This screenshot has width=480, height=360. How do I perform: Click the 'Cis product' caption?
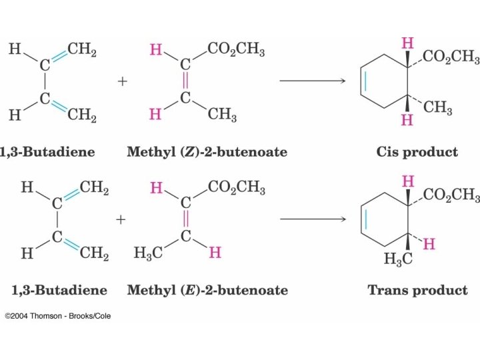(x=417, y=152)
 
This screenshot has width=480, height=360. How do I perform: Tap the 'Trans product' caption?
(x=417, y=290)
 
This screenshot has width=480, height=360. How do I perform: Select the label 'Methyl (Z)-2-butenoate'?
(x=207, y=152)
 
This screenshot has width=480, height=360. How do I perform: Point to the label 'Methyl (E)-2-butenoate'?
(x=207, y=290)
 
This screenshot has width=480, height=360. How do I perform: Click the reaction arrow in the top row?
(x=312, y=81)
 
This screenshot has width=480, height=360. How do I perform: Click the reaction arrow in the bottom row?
(x=312, y=219)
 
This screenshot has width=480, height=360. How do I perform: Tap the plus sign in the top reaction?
(x=122, y=81)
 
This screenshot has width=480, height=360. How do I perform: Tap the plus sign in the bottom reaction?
(x=121, y=219)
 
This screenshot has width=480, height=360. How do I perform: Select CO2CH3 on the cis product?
(x=451, y=58)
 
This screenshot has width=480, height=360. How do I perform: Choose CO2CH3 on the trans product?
(x=451, y=195)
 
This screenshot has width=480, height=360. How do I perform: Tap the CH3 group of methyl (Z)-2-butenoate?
(x=222, y=115)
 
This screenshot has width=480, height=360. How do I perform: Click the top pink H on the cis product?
(x=407, y=43)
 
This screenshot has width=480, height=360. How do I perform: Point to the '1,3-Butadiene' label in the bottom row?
(x=59, y=290)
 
